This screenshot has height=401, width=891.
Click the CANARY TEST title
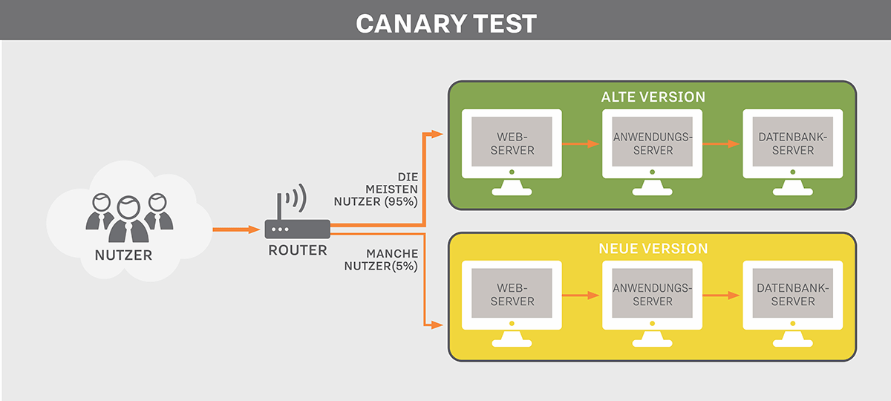(x=446, y=22)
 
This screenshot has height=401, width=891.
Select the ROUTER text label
(x=297, y=251)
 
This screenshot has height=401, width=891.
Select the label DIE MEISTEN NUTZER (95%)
(x=391, y=189)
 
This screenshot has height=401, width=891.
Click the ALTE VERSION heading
(x=653, y=97)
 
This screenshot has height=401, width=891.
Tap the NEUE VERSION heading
(x=653, y=249)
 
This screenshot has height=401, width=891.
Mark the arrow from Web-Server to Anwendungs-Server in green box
(x=581, y=143)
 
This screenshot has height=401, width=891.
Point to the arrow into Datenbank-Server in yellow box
(x=722, y=295)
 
